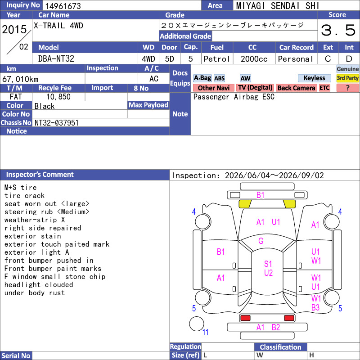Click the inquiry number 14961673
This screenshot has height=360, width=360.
(x=63, y=6)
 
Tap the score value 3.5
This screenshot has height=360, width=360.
(x=338, y=30)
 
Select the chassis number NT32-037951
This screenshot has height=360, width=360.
(x=57, y=123)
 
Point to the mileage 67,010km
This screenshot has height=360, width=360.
(x=20, y=79)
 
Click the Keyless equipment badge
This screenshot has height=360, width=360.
(x=314, y=78)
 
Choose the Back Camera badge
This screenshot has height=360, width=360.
(x=296, y=88)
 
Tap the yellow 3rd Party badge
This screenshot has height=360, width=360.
(x=347, y=78)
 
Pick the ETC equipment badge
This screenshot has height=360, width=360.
(x=324, y=88)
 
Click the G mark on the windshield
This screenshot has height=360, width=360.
(x=261, y=241)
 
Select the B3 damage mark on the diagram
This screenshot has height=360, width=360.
(x=315, y=307)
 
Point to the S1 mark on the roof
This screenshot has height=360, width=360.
(x=268, y=264)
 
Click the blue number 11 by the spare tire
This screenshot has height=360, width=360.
(x=205, y=332)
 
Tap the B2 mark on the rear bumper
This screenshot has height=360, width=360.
(x=276, y=328)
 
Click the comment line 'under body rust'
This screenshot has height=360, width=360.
(x=35, y=293)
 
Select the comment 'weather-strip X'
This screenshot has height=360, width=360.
(x=35, y=220)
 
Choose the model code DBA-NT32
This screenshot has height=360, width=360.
(x=56, y=59)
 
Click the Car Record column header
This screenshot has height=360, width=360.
(x=297, y=48)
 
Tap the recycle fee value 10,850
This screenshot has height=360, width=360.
(x=58, y=97)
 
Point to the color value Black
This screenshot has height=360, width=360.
(x=45, y=106)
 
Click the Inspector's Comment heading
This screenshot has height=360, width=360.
(x=40, y=175)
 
